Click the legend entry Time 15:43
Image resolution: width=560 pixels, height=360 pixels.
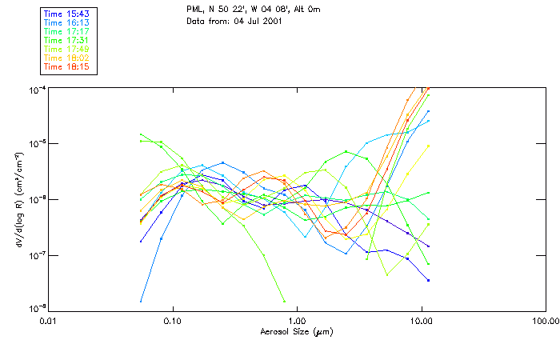point(67,14)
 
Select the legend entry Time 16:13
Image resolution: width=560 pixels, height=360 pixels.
point(67,23)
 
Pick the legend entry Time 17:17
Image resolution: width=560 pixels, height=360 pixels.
point(67,32)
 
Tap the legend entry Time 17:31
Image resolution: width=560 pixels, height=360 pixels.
point(67,41)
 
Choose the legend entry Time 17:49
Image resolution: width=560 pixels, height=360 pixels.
point(67,50)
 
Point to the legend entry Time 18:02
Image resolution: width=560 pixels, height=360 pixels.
point(67,58)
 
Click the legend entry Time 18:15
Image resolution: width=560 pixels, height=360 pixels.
point(67,67)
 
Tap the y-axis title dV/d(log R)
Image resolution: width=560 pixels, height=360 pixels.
point(16,199)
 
